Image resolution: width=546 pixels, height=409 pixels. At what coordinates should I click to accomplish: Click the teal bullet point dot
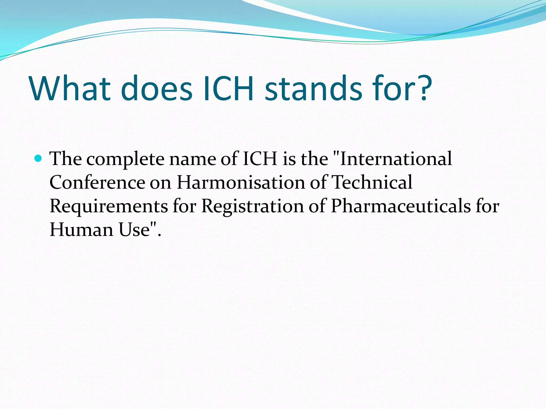[x=39, y=158]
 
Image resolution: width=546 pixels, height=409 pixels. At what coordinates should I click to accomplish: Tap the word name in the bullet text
[x=192, y=159]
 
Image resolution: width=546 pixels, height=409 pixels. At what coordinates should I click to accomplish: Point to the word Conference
[x=97, y=182]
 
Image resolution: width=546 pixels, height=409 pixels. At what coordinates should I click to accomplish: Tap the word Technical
[x=372, y=182]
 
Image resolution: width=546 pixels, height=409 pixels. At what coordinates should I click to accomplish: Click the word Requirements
[x=109, y=206]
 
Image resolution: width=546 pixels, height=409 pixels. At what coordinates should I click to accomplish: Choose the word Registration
[x=252, y=207]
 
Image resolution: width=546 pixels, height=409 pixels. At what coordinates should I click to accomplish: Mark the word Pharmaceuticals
[x=401, y=206]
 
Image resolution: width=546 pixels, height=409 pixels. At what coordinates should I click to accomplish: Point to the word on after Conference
[x=160, y=183]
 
